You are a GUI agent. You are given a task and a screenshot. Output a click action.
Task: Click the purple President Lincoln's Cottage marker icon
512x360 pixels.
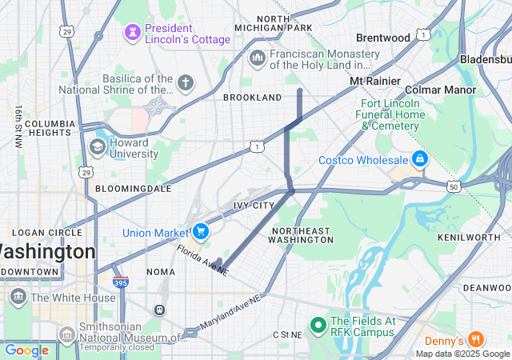(131, 32)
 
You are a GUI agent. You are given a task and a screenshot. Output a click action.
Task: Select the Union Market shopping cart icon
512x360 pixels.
(200, 233)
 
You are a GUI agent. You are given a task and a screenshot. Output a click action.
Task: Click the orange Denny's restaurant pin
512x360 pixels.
(476, 338)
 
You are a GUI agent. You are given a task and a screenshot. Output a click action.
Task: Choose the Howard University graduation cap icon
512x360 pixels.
(98, 146)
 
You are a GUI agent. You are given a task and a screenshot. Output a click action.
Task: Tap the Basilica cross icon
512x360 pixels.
(186, 83)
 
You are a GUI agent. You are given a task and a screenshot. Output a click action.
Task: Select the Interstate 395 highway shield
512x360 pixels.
(119, 282)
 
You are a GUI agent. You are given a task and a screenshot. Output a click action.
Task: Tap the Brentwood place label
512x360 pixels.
(382, 38)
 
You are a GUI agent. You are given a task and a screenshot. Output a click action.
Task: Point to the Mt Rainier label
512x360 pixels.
(374, 82)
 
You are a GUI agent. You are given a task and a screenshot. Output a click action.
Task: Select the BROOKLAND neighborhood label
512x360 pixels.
(252, 98)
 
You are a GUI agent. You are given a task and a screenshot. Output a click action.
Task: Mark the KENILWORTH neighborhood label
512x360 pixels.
(468, 238)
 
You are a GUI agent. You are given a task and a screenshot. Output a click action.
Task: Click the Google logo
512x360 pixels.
(27, 350)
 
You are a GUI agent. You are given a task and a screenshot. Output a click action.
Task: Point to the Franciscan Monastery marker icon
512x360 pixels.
(258, 58)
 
